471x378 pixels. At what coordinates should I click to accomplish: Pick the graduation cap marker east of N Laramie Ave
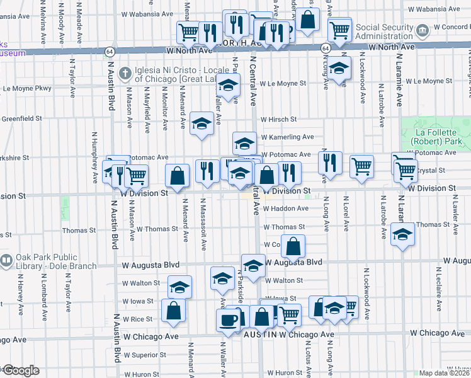click(x=402, y=234)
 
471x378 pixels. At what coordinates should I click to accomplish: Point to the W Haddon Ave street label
click(x=287, y=208)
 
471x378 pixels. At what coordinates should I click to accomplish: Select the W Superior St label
click(x=144, y=355)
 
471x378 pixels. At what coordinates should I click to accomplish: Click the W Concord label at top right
click(x=452, y=27)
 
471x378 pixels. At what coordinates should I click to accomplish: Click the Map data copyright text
click(x=444, y=373)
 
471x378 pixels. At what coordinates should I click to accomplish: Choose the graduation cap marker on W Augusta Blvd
click(x=253, y=266)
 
